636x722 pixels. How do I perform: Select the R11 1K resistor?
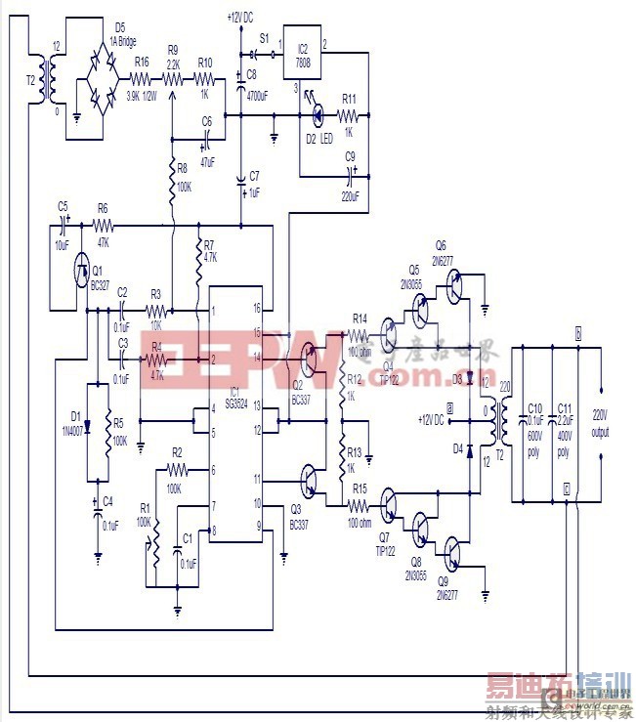coord(349,118)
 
